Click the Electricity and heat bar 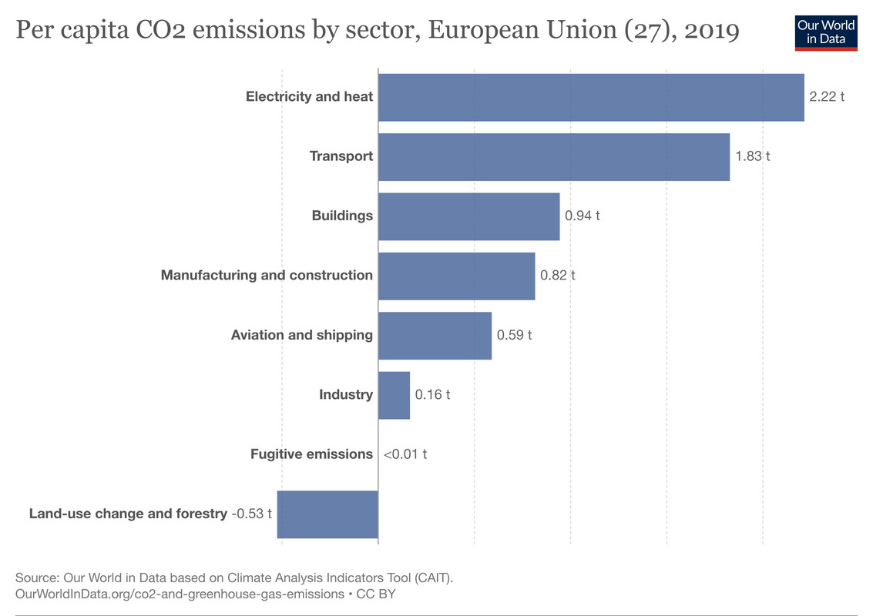pyautogui.click(x=591, y=97)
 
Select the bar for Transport pyautogui.click(x=553, y=156)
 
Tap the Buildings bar pyautogui.click(x=468, y=216)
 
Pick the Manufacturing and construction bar pyautogui.click(x=456, y=276)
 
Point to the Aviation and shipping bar pyautogui.click(x=435, y=336)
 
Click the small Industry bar pyautogui.click(x=394, y=395)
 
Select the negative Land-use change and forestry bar pyautogui.click(x=327, y=514)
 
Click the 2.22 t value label pyautogui.click(x=827, y=97)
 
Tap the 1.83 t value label pyautogui.click(x=752, y=156)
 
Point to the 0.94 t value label pyautogui.click(x=583, y=216)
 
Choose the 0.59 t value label pyautogui.click(x=515, y=336)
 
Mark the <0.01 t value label pyautogui.click(x=405, y=454)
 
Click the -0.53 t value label pyautogui.click(x=252, y=514)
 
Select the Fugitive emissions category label pyautogui.click(x=311, y=454)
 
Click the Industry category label pyautogui.click(x=346, y=395)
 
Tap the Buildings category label pyautogui.click(x=342, y=216)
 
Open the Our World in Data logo pyautogui.click(x=826, y=32)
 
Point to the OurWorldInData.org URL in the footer pyautogui.click(x=180, y=594)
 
